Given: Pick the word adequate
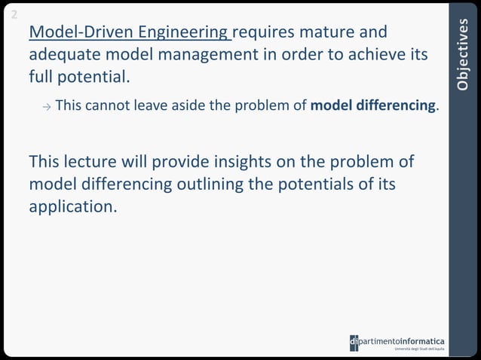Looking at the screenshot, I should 62,56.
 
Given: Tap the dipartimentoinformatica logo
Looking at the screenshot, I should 397,343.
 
